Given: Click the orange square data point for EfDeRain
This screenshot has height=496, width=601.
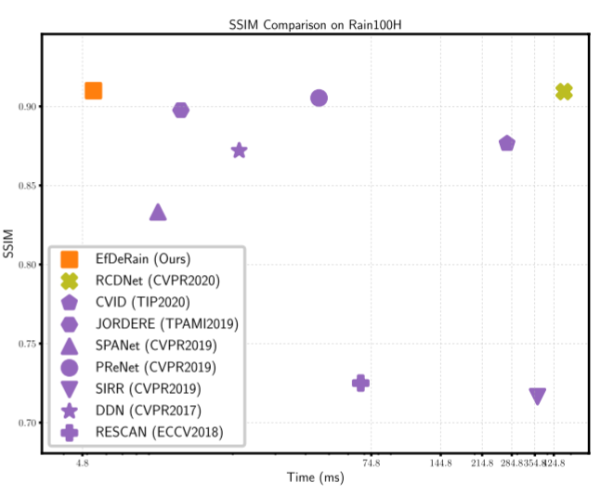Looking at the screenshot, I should pos(93,90).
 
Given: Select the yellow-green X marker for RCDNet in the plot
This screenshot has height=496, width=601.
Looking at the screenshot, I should pos(564,91).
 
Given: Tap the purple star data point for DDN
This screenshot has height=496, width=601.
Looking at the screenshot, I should pos(239,150).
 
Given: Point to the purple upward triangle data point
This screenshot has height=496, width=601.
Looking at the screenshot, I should pos(158,213).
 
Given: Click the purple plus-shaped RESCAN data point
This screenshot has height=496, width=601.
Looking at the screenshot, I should pos(360,383).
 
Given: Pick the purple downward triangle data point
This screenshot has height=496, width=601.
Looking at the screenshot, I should pos(537,397).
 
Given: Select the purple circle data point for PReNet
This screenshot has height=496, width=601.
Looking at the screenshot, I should pos(319,98).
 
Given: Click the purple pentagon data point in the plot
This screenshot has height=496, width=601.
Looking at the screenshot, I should pos(507,143).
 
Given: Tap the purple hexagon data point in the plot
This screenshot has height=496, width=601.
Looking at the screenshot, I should pos(181,111).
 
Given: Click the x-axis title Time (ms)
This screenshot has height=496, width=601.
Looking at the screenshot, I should pos(315,477).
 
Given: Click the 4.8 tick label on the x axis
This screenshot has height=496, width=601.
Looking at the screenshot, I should pos(83,463).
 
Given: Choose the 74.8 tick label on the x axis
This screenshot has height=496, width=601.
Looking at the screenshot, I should pos(372,463).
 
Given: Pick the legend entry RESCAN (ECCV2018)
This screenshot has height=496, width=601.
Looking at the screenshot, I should pos(157,432).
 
